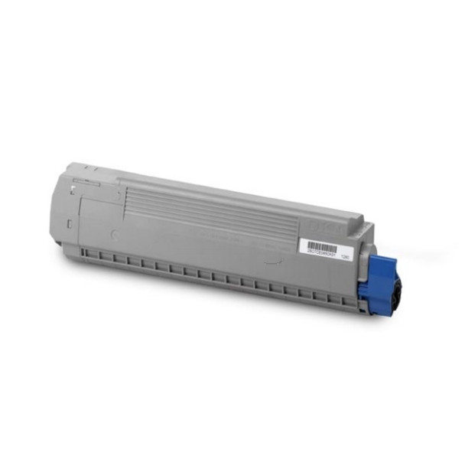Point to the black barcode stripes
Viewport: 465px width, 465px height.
[321, 245]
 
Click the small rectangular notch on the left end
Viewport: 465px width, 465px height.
[70, 223]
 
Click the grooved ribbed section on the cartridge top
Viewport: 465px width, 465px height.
[206, 206]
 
